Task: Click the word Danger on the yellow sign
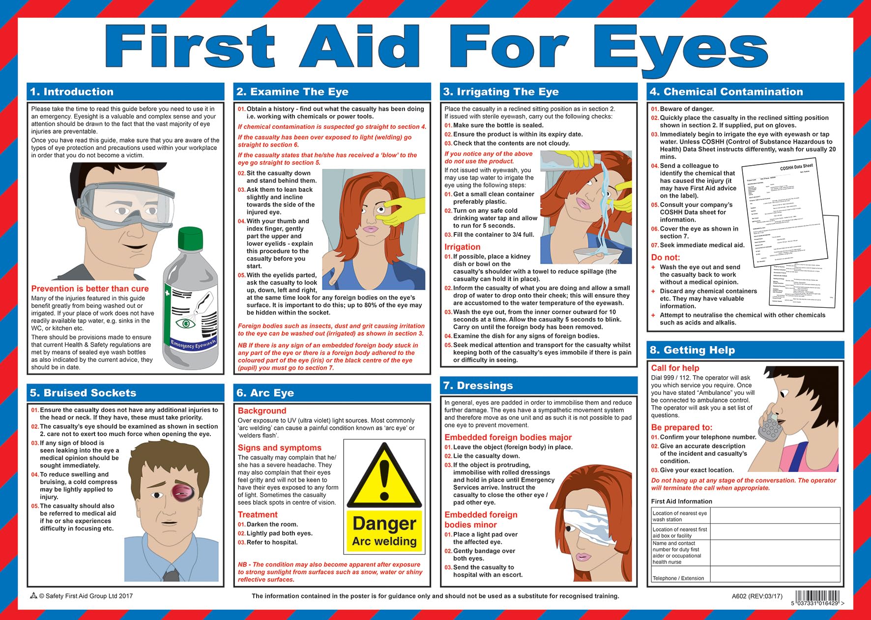(384, 524)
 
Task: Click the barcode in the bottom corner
(818, 597)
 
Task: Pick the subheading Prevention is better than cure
(90, 289)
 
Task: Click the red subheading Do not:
(666, 257)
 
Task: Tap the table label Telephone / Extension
(678, 578)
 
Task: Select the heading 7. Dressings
(478, 385)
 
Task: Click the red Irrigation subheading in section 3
(462, 247)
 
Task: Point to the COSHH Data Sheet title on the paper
(796, 167)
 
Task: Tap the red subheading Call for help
(675, 368)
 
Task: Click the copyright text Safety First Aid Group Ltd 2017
(86, 596)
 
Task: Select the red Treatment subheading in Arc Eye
(258, 514)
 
